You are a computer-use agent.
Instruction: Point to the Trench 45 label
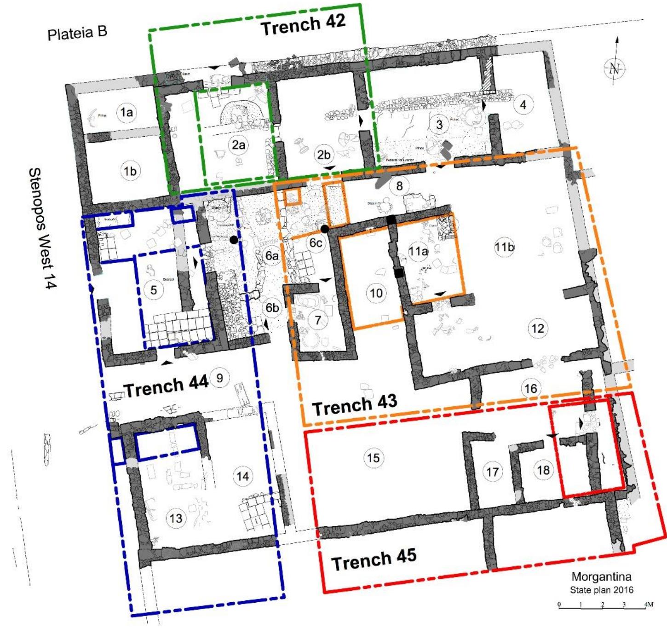pos(374,559)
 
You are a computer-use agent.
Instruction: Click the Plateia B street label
pos(77,33)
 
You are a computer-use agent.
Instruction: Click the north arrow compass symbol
pos(615,68)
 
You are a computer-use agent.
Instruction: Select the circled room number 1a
pos(126,112)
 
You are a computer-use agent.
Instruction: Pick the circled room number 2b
pos(324,155)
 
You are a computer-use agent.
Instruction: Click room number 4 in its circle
pos(523,105)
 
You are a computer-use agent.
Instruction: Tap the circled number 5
pos(154,290)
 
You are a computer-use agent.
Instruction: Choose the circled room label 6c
pos(315,242)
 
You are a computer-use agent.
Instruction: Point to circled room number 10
pos(376,293)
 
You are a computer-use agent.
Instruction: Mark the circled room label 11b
pos(504,247)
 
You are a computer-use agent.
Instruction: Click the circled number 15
pos(373,457)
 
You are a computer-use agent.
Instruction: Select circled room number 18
pos(543,470)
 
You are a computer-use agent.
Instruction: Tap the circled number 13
pos(176,519)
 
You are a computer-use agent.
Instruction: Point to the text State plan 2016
pos(601,590)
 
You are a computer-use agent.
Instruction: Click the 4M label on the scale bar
pos(649,604)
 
